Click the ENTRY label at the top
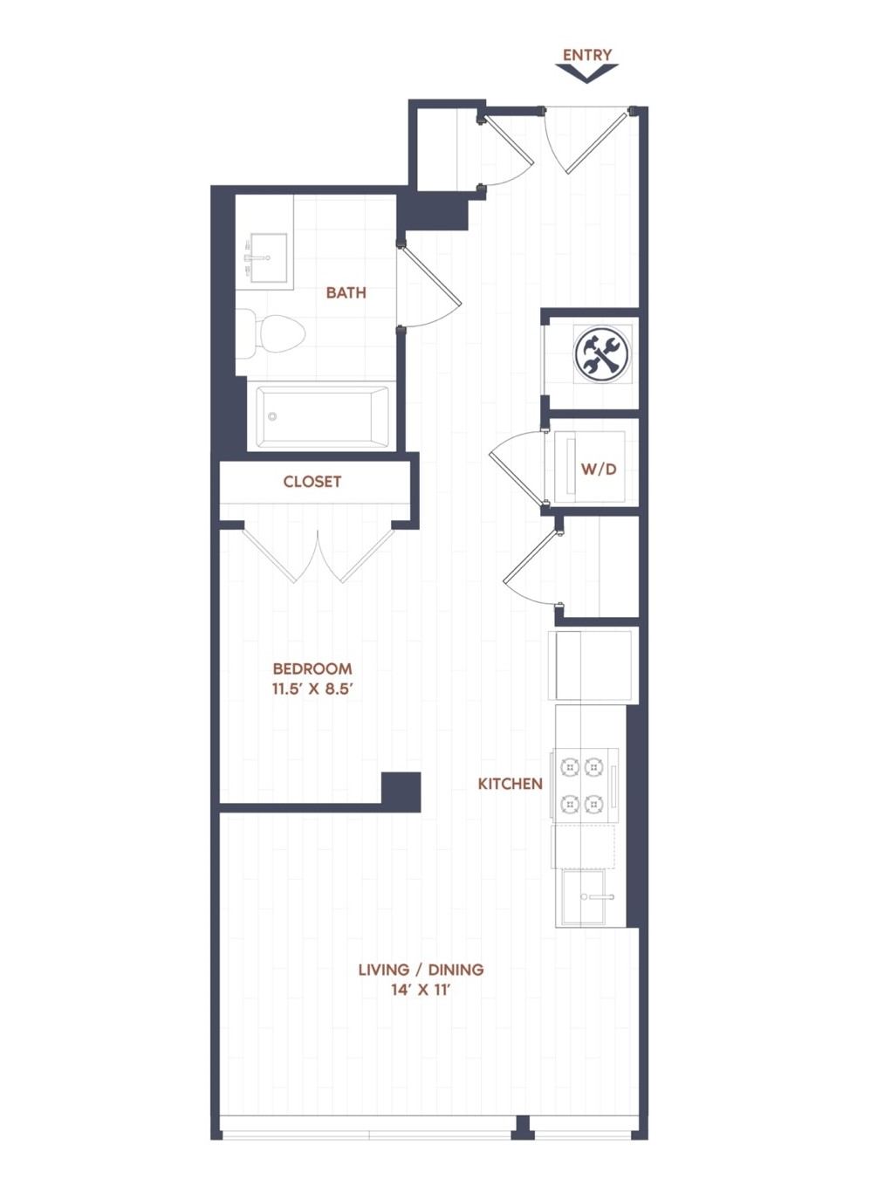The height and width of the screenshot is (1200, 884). [586, 55]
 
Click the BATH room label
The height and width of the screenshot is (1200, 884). [346, 292]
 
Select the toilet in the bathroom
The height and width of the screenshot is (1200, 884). [271, 333]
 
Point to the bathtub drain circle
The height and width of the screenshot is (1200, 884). [272, 416]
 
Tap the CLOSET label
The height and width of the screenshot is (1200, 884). [312, 481]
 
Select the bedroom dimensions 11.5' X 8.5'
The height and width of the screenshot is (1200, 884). [313, 689]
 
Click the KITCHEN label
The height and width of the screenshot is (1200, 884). [510, 784]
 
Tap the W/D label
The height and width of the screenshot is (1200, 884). [599, 470]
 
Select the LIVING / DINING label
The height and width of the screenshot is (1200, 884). [421, 969]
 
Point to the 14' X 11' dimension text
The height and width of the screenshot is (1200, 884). [421, 990]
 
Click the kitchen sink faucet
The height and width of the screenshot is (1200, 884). [598, 897]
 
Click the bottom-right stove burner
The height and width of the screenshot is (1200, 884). [593, 804]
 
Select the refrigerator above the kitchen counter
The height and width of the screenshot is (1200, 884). [591, 665]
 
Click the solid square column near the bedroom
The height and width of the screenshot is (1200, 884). [401, 792]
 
